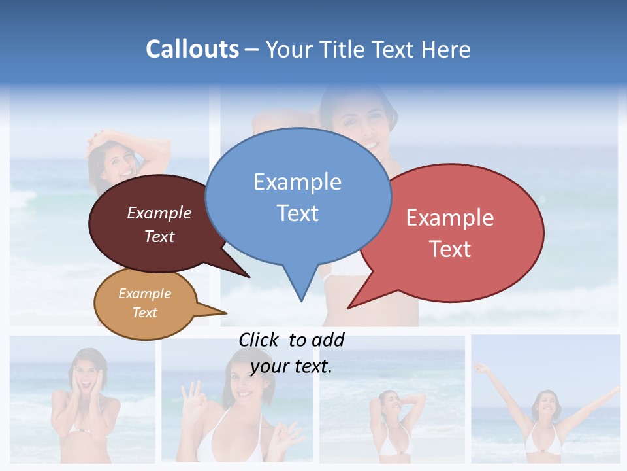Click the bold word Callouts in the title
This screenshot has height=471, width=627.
[x=192, y=49]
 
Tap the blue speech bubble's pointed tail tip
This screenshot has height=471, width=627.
[x=301, y=300]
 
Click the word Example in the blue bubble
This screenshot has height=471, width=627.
[x=297, y=181]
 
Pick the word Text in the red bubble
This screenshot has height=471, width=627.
[x=450, y=249]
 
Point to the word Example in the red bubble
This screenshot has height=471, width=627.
[x=450, y=217]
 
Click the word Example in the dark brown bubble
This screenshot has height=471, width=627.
[x=159, y=213]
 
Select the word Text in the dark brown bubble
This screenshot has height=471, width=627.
[x=159, y=236]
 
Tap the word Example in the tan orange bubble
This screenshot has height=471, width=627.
[x=144, y=294]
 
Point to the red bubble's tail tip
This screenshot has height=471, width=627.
[x=349, y=307]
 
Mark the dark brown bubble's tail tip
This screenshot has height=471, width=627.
[x=249, y=277]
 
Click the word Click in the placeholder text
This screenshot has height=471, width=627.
[x=259, y=340]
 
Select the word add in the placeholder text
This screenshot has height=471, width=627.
[x=328, y=340]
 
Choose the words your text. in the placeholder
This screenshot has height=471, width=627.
[x=291, y=366]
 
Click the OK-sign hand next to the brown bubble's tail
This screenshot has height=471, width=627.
[x=193, y=394]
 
